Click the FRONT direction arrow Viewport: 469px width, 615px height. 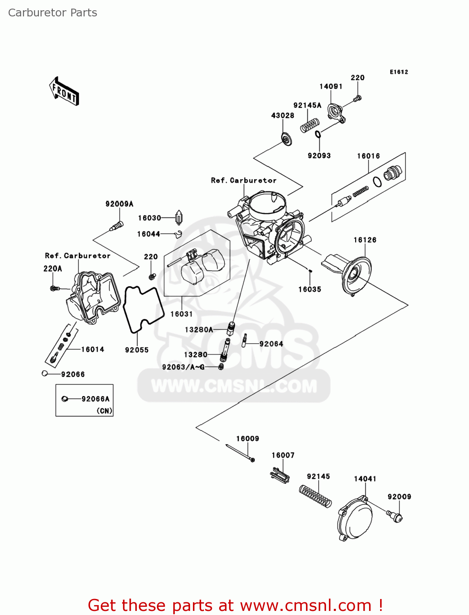click(64, 91)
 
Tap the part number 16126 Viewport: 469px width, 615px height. click(365, 240)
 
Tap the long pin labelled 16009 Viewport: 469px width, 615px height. click(240, 453)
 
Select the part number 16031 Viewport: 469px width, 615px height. click(181, 314)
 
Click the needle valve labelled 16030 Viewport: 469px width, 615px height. click(179, 218)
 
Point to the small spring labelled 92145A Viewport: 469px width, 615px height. click(310, 125)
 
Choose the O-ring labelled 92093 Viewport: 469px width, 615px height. click(318, 134)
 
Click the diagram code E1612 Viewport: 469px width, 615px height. click(399, 72)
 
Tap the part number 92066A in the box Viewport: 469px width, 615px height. click(95, 399)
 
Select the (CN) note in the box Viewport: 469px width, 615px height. click(104, 410)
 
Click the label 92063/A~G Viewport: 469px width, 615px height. click(183, 367)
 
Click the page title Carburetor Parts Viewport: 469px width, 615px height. click(52, 13)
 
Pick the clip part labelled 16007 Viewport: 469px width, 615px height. click(280, 476)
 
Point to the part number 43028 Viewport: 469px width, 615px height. click(283, 116)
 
